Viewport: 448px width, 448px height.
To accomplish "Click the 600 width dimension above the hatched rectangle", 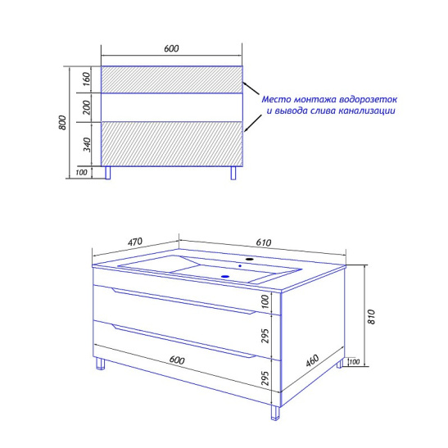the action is click(171, 48).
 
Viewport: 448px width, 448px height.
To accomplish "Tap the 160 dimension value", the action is click(87, 79).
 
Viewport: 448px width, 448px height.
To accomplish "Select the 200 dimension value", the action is click(87, 107).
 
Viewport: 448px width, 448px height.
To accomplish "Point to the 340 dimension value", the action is click(87, 145).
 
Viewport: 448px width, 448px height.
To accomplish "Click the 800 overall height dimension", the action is click(62, 123).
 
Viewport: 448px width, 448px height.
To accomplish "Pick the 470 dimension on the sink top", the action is click(135, 242).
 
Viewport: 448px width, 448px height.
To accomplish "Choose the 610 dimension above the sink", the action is click(264, 242).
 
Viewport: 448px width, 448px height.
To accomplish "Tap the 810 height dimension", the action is click(371, 317).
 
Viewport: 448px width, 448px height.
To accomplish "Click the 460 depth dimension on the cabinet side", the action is click(312, 360).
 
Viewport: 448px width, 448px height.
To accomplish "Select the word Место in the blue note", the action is click(277, 99).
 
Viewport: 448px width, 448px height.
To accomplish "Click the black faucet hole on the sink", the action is click(250, 259).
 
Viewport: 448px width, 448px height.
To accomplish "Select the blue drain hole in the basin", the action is click(225, 276).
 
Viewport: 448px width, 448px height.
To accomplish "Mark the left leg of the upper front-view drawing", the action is click(108, 173).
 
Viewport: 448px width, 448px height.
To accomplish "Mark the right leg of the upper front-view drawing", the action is click(233, 173).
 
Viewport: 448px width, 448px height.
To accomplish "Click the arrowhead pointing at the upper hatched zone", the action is click(245, 84).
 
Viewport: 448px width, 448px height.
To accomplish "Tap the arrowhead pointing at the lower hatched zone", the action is click(247, 129).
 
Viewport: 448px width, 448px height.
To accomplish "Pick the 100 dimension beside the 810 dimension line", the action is click(355, 362).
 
